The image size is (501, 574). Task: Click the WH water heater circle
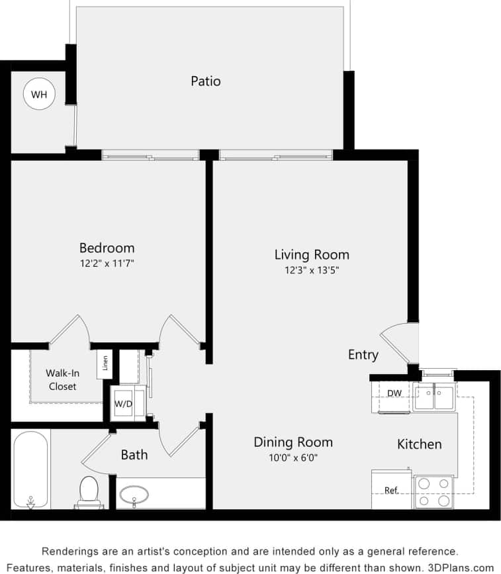39,95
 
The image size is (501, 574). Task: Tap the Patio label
205,81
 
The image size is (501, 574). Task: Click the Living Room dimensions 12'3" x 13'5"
311,269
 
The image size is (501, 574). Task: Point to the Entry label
363,355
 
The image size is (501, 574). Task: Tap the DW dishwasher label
394,393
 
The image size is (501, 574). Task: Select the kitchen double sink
433,398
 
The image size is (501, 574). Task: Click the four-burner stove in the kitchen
433,492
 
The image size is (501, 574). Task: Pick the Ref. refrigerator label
391,491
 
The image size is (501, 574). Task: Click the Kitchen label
419,444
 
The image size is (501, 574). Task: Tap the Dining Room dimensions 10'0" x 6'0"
293,457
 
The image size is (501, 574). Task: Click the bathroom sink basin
134,495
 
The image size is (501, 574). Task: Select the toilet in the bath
88,492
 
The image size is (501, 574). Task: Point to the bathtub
30,469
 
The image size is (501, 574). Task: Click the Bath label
134,455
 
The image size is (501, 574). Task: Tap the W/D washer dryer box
124,403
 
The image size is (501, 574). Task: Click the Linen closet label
105,363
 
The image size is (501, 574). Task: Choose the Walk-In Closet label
63,380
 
